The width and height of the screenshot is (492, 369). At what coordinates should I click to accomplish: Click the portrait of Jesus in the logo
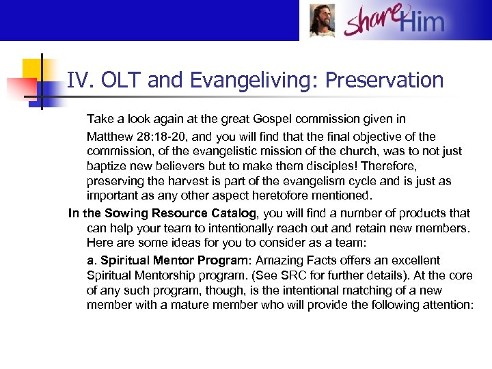coord(322,20)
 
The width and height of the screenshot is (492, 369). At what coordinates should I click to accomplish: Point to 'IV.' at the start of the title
coord(81,81)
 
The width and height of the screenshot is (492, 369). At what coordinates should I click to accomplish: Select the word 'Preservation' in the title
coord(384,81)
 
